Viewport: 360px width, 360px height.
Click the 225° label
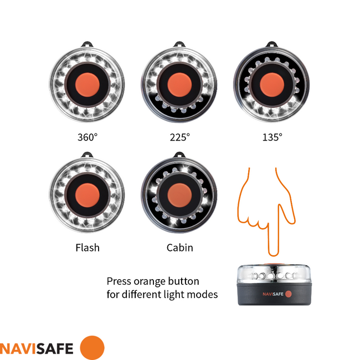coord(179,136)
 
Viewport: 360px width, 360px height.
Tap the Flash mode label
coord(88,248)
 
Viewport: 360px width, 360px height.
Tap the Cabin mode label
coord(180,248)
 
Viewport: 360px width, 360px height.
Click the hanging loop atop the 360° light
coord(88,44)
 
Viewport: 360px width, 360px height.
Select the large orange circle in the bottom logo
coord(92,347)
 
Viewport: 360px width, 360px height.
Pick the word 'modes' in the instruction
coord(204,294)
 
